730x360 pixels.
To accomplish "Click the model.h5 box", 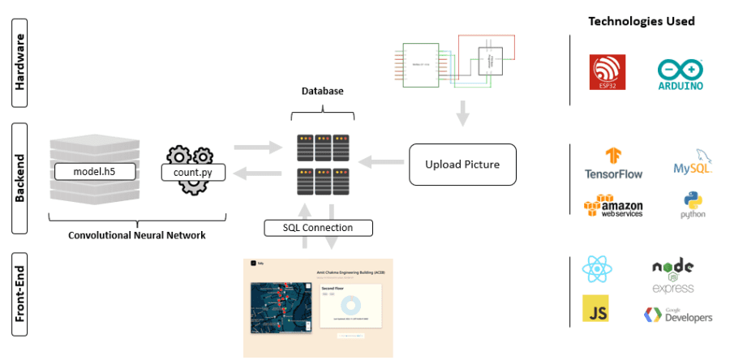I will pyautogui.click(x=94, y=172).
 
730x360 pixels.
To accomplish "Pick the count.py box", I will pyautogui.click(x=188, y=172).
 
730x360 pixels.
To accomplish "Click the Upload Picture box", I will pyautogui.click(x=462, y=165).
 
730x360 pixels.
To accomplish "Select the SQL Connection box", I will pyautogui.click(x=319, y=228).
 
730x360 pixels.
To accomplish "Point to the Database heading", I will pyautogui.click(x=322, y=92).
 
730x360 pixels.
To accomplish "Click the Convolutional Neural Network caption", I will pyautogui.click(x=135, y=235).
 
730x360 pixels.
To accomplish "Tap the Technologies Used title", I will pyautogui.click(x=641, y=21).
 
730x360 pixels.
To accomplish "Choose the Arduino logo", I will pyautogui.click(x=681, y=74).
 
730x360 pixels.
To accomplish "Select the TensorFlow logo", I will pyautogui.click(x=613, y=163).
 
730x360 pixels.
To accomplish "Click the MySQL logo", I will pyautogui.click(x=692, y=163).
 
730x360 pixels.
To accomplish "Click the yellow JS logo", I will pyautogui.click(x=596, y=309).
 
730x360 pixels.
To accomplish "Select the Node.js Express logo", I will pyautogui.click(x=673, y=276).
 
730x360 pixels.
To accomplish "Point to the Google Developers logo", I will pyautogui.click(x=678, y=315).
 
